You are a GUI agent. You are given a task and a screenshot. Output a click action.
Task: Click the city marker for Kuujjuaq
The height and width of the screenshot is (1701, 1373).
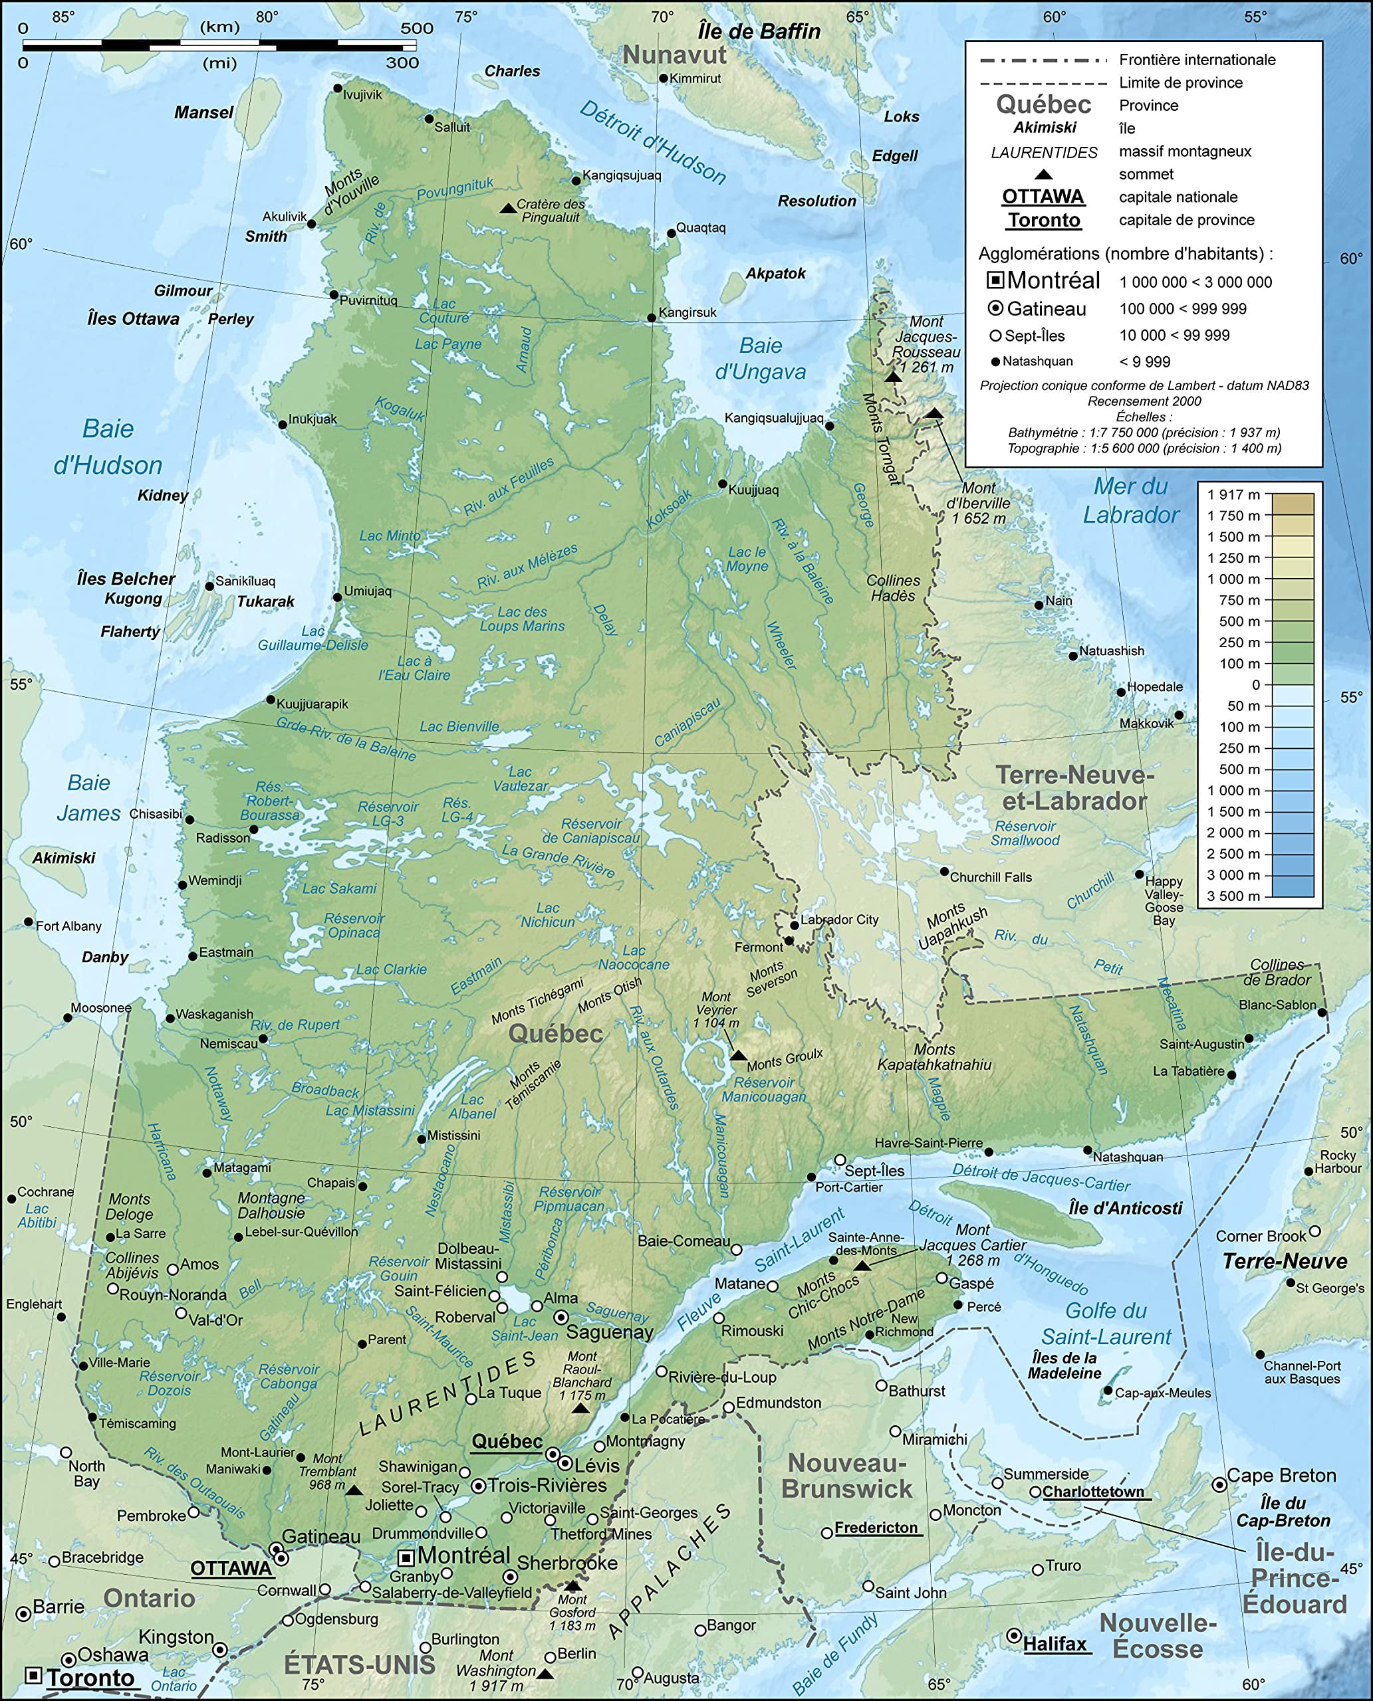[722, 484]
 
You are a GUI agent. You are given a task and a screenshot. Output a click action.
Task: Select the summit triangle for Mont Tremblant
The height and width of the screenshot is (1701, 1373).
[354, 1490]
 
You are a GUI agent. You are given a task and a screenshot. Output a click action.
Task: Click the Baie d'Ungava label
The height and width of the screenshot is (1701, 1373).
[760, 358]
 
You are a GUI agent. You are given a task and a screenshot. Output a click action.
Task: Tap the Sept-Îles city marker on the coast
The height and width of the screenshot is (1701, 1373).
[840, 1160]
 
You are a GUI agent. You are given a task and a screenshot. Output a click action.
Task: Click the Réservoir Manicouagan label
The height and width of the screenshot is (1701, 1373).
[763, 1089]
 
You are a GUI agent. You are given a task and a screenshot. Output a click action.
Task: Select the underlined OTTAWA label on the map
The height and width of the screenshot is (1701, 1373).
[231, 1568]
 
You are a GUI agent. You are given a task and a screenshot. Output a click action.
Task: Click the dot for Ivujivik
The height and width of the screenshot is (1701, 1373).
[338, 88]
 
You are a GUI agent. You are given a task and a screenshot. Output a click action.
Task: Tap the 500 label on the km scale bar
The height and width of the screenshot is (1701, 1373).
[417, 29]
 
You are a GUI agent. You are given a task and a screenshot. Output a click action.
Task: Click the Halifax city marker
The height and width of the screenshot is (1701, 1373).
[1013, 1636]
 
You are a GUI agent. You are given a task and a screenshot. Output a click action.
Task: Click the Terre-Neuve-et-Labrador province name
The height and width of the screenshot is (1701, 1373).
[1074, 787]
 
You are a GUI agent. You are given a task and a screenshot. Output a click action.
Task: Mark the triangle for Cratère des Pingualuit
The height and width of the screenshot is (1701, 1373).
[507, 208]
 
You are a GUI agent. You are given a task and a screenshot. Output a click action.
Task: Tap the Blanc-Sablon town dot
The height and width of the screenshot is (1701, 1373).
[1322, 1012]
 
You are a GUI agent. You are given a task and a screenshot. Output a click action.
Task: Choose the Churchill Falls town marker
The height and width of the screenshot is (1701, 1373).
[944, 871]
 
